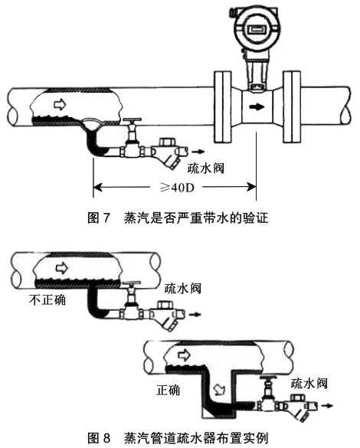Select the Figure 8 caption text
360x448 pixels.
click(180, 439)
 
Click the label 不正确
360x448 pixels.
click(44, 299)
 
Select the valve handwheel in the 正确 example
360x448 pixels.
click(270, 379)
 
